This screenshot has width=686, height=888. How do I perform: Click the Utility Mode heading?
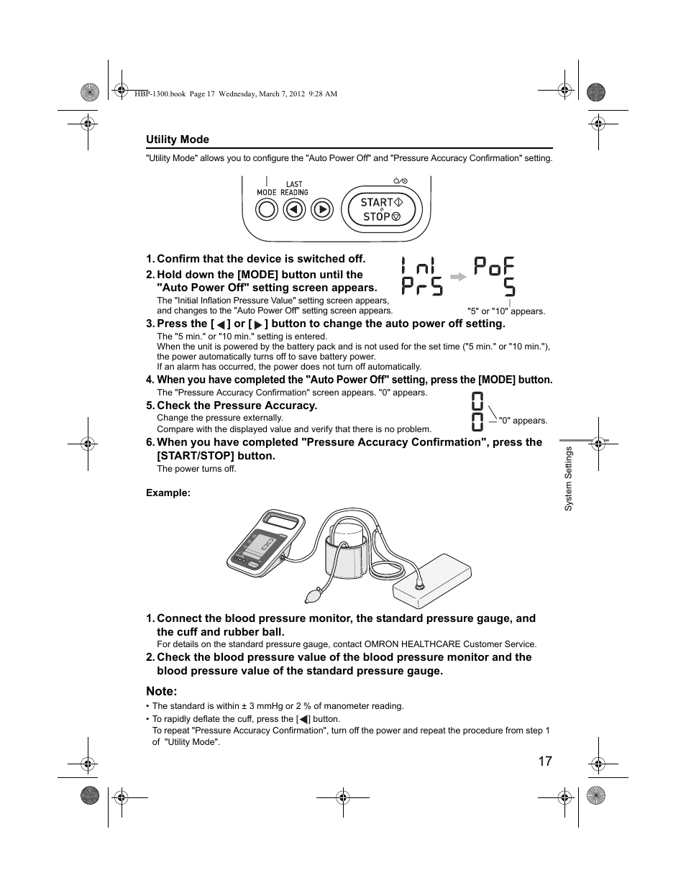click(x=178, y=139)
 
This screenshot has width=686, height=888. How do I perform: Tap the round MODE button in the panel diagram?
click(x=267, y=209)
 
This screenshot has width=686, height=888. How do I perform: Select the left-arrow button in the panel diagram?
click(x=295, y=209)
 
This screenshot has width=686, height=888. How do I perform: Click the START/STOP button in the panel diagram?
click(x=381, y=209)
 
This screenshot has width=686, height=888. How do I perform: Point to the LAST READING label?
click(x=294, y=188)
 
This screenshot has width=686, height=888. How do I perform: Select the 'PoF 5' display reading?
click(x=495, y=277)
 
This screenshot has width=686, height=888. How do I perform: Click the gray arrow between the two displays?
click(x=458, y=276)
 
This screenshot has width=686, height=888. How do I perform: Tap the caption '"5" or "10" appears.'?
click(x=506, y=311)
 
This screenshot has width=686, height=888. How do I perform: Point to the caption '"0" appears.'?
click(x=523, y=421)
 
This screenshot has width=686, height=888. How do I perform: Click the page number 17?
click(x=544, y=761)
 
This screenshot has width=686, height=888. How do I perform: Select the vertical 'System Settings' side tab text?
click(x=568, y=478)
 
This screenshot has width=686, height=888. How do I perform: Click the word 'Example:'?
click(x=168, y=493)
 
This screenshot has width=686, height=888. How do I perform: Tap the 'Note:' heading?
click(x=161, y=691)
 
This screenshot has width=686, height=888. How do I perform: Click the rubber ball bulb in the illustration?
click(x=314, y=595)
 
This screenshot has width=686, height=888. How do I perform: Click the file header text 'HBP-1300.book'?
click(x=160, y=93)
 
